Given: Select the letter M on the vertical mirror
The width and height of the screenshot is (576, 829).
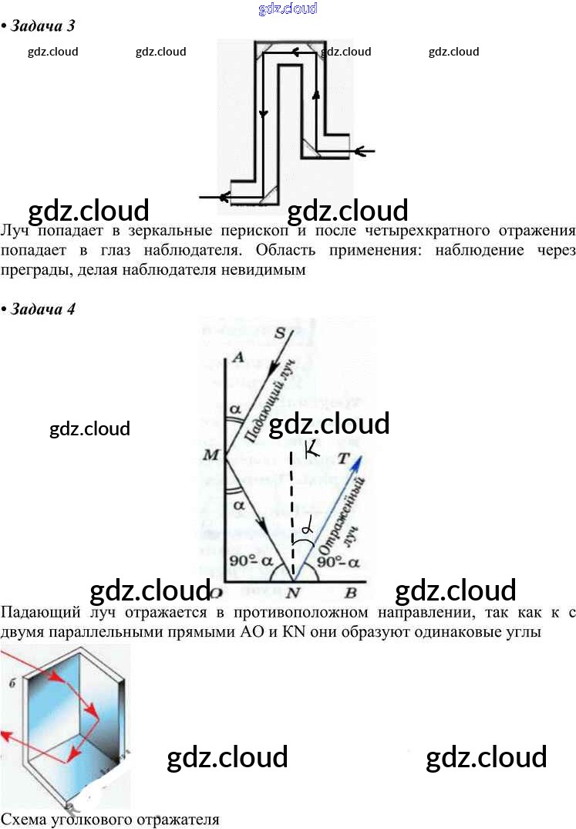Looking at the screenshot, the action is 211,455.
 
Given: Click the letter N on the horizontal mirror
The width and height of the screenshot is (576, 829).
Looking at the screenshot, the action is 292,593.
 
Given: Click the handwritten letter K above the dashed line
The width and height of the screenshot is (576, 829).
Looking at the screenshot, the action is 312,449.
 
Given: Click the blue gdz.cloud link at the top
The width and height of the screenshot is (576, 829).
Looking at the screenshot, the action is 288,8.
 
